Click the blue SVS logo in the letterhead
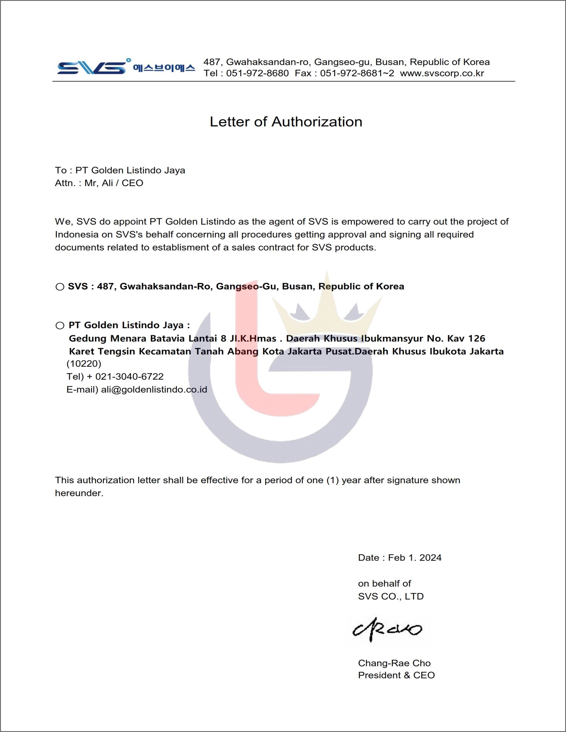tap(93, 67)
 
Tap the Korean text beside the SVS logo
tap(164, 68)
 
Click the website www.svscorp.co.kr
tap(442, 73)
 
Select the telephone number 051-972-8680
tap(257, 73)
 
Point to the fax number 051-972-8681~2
tap(357, 73)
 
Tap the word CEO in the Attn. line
tap(132, 183)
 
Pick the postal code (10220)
tap(84, 364)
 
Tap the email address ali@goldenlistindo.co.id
tap(154, 390)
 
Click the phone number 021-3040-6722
tap(129, 376)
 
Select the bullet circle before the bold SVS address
tap(60, 287)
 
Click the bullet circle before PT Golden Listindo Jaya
tap(60, 325)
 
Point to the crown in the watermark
tap(327, 305)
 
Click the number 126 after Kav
tap(476, 339)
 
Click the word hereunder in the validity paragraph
tap(79, 493)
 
